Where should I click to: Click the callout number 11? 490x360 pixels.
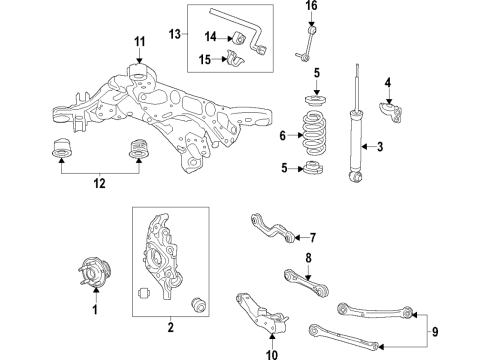140,41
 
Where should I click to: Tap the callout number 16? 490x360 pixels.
311,7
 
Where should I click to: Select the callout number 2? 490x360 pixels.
170,327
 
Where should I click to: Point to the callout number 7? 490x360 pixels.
312,238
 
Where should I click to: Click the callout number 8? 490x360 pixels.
308,258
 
